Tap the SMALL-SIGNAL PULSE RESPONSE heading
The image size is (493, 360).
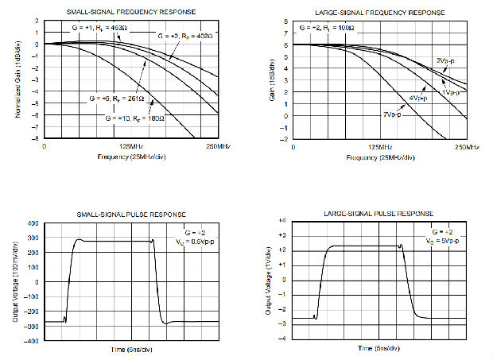[x=131, y=214]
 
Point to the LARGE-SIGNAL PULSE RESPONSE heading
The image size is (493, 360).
[x=379, y=214]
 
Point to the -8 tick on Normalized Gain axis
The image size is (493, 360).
[x=37, y=139]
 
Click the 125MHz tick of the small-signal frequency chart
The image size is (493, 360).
[x=131, y=147]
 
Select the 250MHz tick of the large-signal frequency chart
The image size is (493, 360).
[x=467, y=147]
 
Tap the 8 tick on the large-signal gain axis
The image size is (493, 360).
[x=285, y=21]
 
